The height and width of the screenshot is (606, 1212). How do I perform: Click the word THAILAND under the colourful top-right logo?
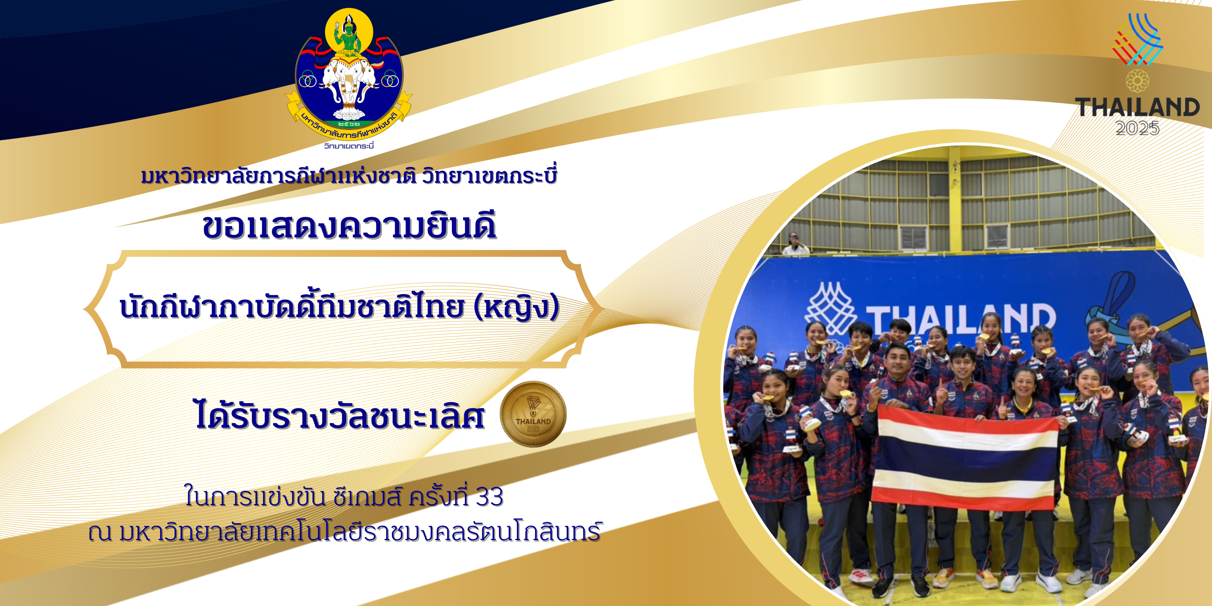pos(1137,107)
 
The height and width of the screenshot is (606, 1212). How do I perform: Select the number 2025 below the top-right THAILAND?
pos(1137,128)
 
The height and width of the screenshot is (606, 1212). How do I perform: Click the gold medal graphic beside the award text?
pos(533,414)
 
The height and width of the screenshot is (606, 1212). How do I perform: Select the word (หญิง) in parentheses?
pos(517,307)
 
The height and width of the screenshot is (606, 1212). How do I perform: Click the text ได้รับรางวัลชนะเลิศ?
pos(340,415)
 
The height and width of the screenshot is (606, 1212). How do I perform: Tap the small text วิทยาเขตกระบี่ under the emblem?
pos(349,146)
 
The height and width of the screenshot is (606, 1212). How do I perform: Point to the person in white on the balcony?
pos(795,244)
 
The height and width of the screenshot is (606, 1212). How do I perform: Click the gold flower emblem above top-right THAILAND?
pos(1137,81)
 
